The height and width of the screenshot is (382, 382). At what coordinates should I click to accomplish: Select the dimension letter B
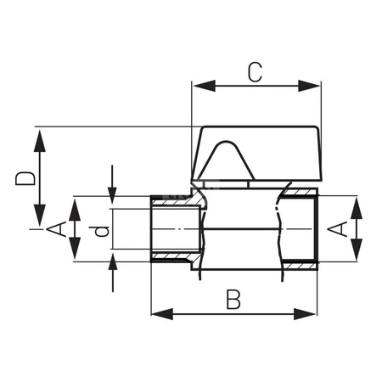(233, 300)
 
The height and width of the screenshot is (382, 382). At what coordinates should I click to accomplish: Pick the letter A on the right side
(339, 228)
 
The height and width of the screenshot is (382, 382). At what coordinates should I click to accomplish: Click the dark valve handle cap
(256, 153)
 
